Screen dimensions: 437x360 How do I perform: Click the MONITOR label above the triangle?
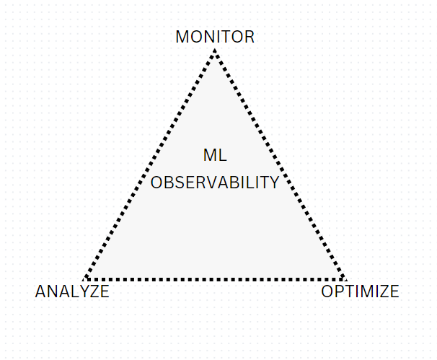coord(215,37)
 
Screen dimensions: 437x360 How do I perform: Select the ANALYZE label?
coord(72,291)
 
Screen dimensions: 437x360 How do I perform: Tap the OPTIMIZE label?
coord(360,291)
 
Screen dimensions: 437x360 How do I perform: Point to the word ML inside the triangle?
coord(215,155)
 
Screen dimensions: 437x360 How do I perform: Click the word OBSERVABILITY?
coord(215,183)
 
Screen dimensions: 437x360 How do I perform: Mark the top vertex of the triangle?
coord(215,50)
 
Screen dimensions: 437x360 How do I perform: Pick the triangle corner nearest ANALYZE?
coord(84,279)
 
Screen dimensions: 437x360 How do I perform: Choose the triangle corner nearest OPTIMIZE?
coord(345,279)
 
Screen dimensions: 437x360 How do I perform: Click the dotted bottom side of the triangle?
coord(215,279)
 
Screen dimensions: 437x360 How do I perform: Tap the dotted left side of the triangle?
coord(149,164)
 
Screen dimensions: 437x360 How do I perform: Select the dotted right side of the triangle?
coord(280,164)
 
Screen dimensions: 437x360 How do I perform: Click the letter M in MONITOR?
coord(182,37)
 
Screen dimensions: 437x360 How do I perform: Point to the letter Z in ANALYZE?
coord(92,291)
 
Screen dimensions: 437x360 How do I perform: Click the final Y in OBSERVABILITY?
coord(273,183)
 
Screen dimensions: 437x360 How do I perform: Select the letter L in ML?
coord(223,155)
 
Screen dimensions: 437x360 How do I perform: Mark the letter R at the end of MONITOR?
coord(250,37)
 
